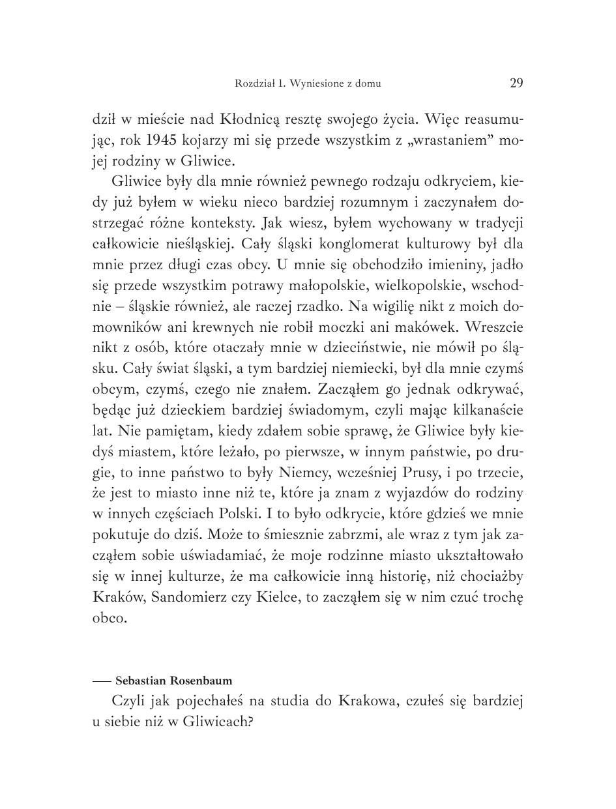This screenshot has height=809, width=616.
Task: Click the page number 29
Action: click(516, 83)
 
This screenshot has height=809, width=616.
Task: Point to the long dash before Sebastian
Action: click(102, 681)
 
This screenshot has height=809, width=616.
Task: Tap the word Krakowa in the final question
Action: click(366, 701)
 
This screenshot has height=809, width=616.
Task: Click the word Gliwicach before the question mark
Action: click(216, 722)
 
